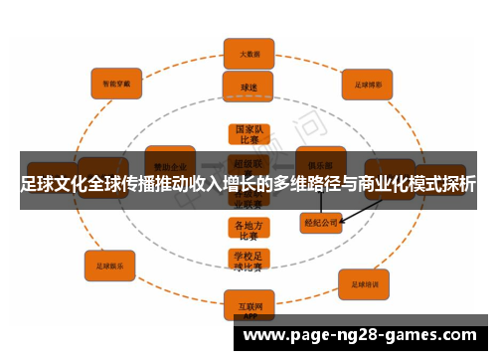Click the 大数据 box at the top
click(248, 53)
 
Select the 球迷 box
click(248, 87)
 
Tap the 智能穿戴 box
click(117, 83)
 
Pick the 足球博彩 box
click(369, 84)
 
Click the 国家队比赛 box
click(248, 135)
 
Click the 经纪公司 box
click(321, 222)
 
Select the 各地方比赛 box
click(248, 231)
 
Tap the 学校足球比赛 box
click(248, 261)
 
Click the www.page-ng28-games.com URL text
click(366, 336)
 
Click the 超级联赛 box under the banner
click(248, 165)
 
